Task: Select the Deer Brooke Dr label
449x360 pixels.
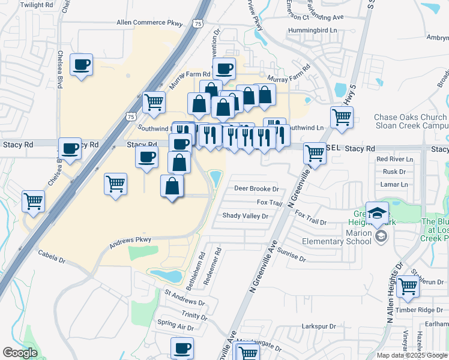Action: [x=256, y=188]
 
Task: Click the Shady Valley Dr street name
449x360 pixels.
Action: [x=245, y=215]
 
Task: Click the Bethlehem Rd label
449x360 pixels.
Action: [x=196, y=272]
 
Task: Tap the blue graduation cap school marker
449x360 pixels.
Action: [x=377, y=214]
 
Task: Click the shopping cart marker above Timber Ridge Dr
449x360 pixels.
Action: [x=408, y=287]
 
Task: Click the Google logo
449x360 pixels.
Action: [x=20, y=353]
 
